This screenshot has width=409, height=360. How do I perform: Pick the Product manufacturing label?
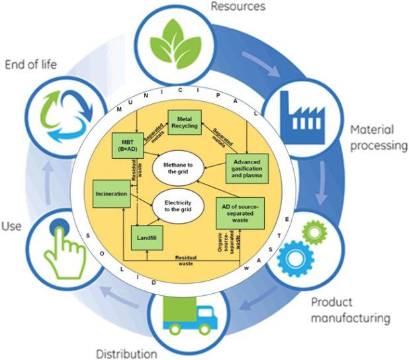pos(350,310)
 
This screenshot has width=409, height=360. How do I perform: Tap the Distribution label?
pos(126,352)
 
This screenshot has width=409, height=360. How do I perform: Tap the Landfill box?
pos(147,236)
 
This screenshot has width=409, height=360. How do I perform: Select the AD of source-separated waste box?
pos(240,210)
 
